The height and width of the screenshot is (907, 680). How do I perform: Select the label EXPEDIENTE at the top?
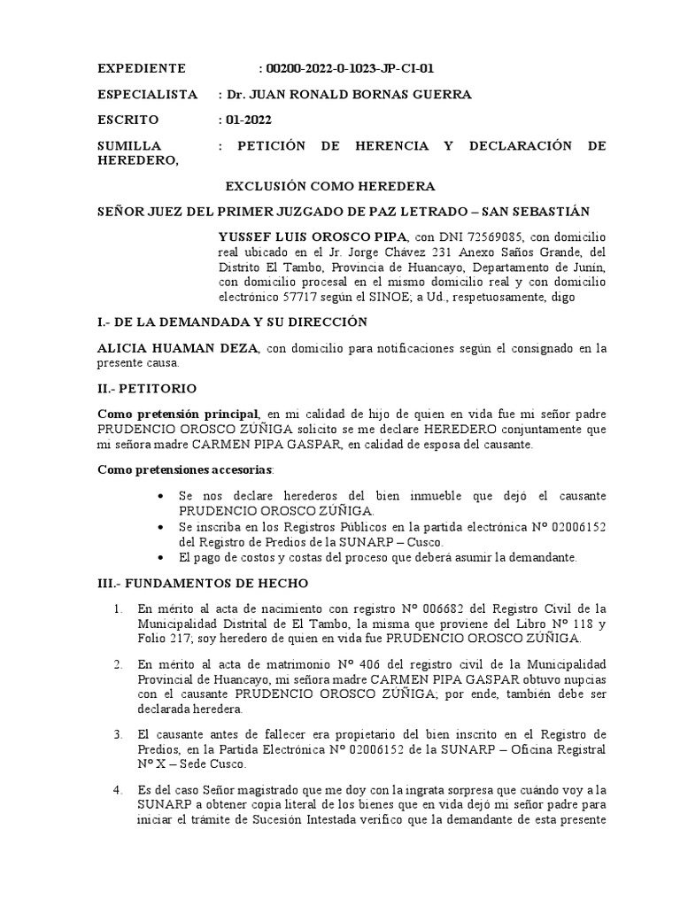pyautogui.click(x=141, y=68)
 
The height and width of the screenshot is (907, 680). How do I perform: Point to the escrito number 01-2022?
pyautogui.click(x=250, y=120)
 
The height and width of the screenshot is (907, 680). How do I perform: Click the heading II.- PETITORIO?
pyautogui.click(x=148, y=388)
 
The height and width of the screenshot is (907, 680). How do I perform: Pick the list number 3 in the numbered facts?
pyautogui.click(x=119, y=734)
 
